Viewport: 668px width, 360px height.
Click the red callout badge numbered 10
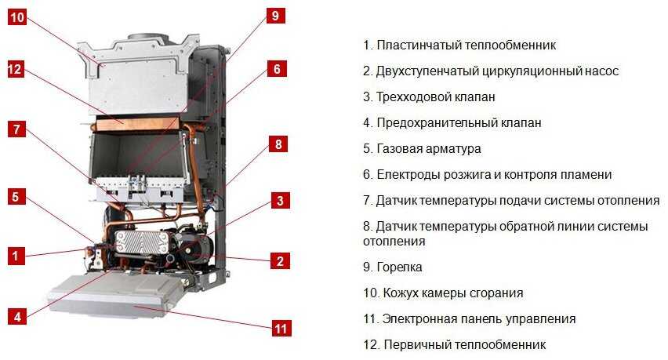pyautogui.click(x=17, y=17)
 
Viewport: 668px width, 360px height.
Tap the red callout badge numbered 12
pyautogui.click(x=16, y=69)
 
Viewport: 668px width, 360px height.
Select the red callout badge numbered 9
pyautogui.click(x=276, y=16)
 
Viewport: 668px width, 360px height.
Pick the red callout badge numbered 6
pyautogui.click(x=278, y=68)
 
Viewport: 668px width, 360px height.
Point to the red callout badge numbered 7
pyautogui.click(x=16, y=129)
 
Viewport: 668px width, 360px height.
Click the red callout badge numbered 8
pyautogui.click(x=278, y=144)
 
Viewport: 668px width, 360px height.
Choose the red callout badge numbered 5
pyautogui.click(x=16, y=197)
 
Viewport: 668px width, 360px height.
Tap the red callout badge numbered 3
pyautogui.click(x=281, y=200)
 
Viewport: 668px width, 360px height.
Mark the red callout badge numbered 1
pyautogui.click(x=16, y=256)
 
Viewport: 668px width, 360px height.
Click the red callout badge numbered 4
pyautogui.click(x=17, y=317)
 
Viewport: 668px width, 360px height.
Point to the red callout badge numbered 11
pyautogui.click(x=281, y=329)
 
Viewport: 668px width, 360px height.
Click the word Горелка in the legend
pyautogui.click(x=400, y=267)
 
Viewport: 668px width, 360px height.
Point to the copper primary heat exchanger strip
pyautogui.click(x=137, y=123)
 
